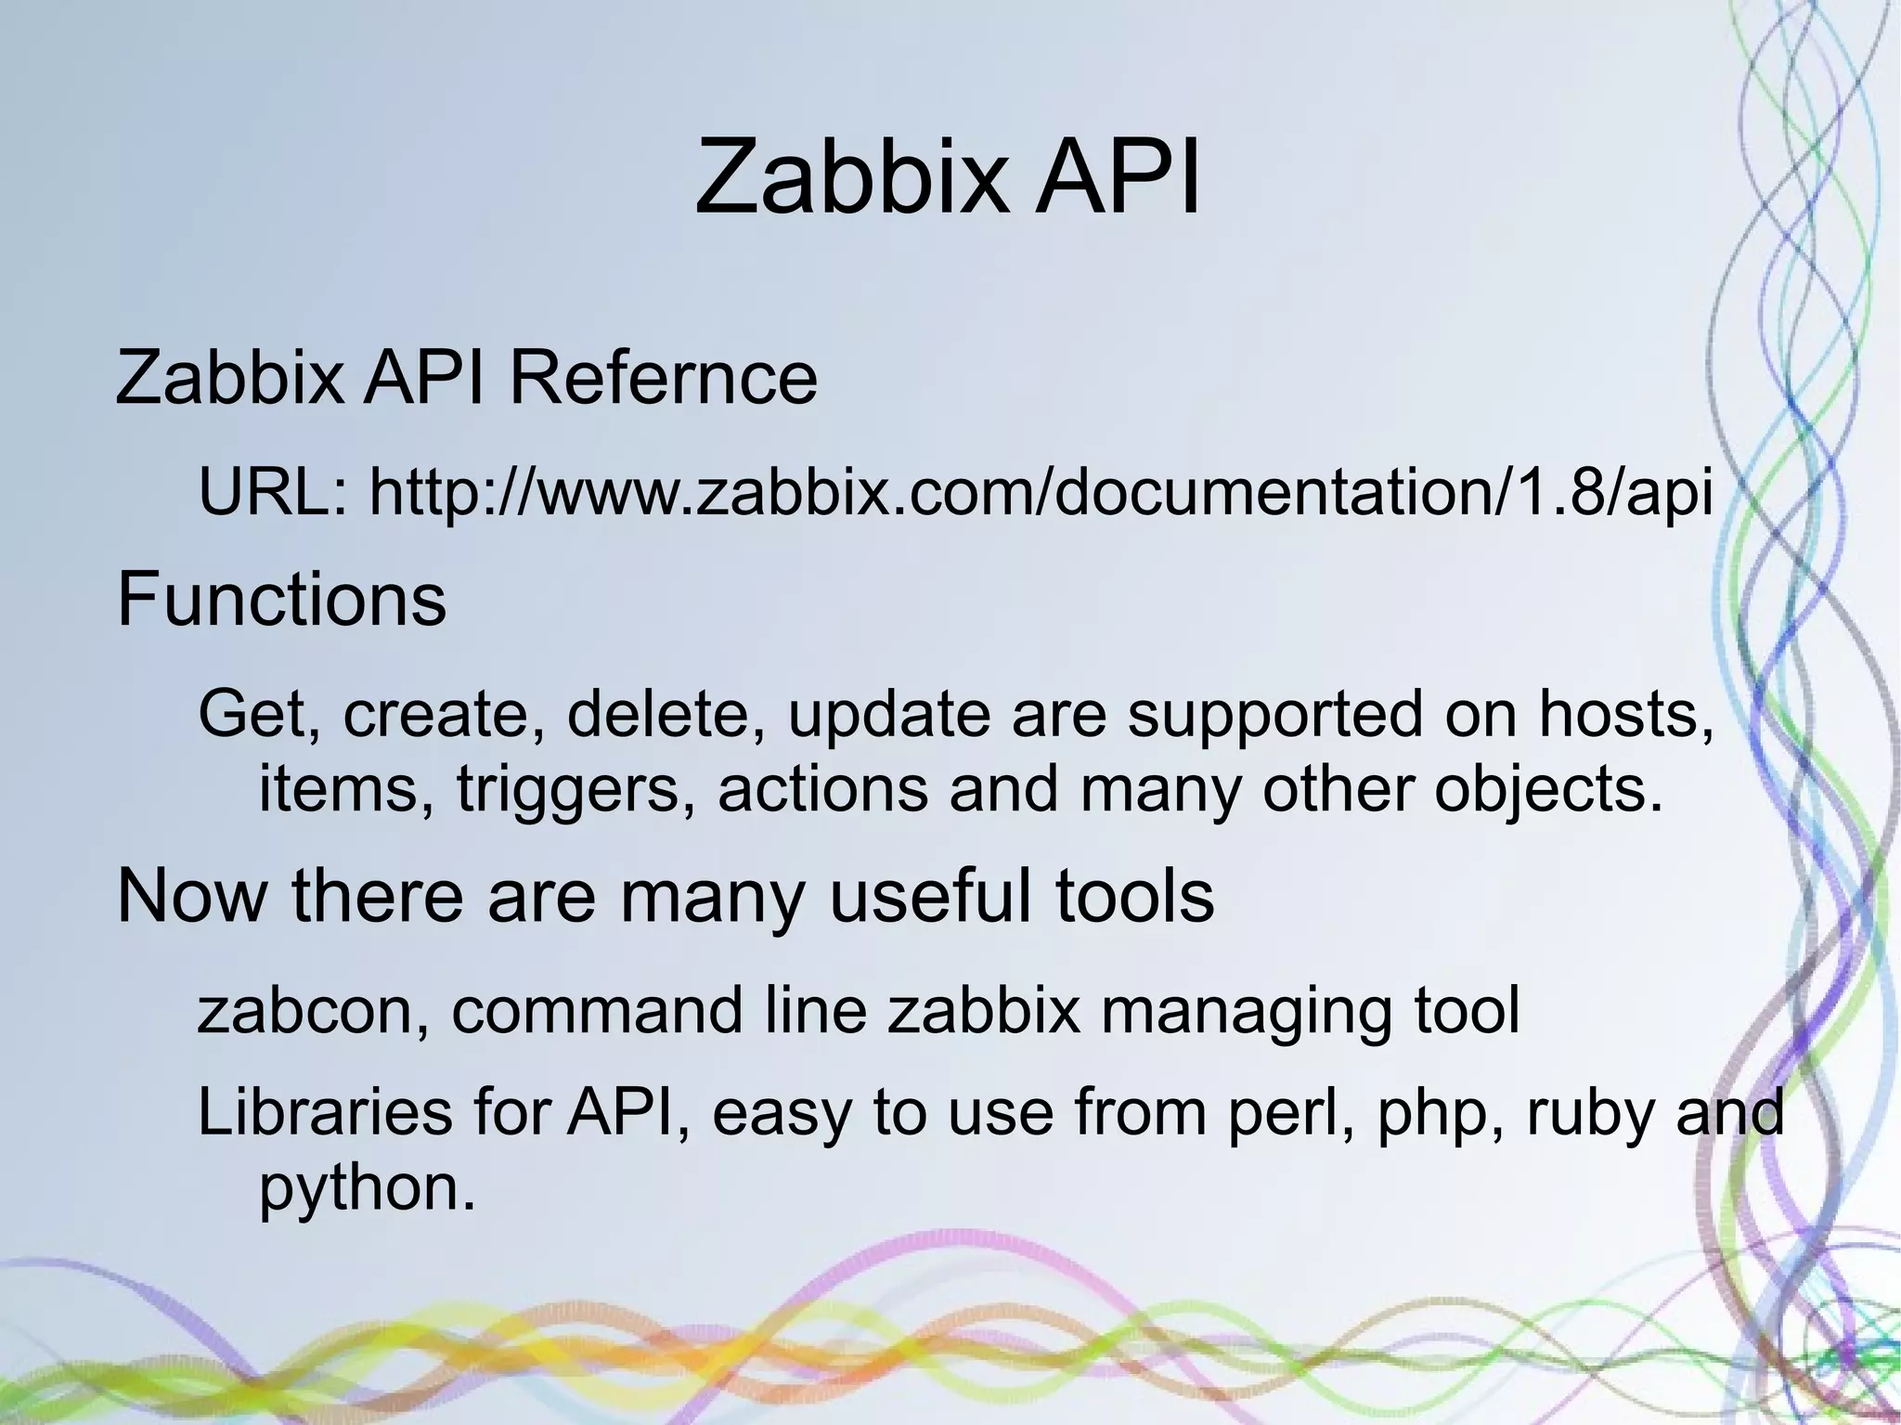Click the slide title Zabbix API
pyautogui.click(x=948, y=176)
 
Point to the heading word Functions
pyautogui.click(x=281, y=600)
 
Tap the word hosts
pyautogui.click(x=1625, y=715)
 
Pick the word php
pyautogui.click(x=1437, y=1114)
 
